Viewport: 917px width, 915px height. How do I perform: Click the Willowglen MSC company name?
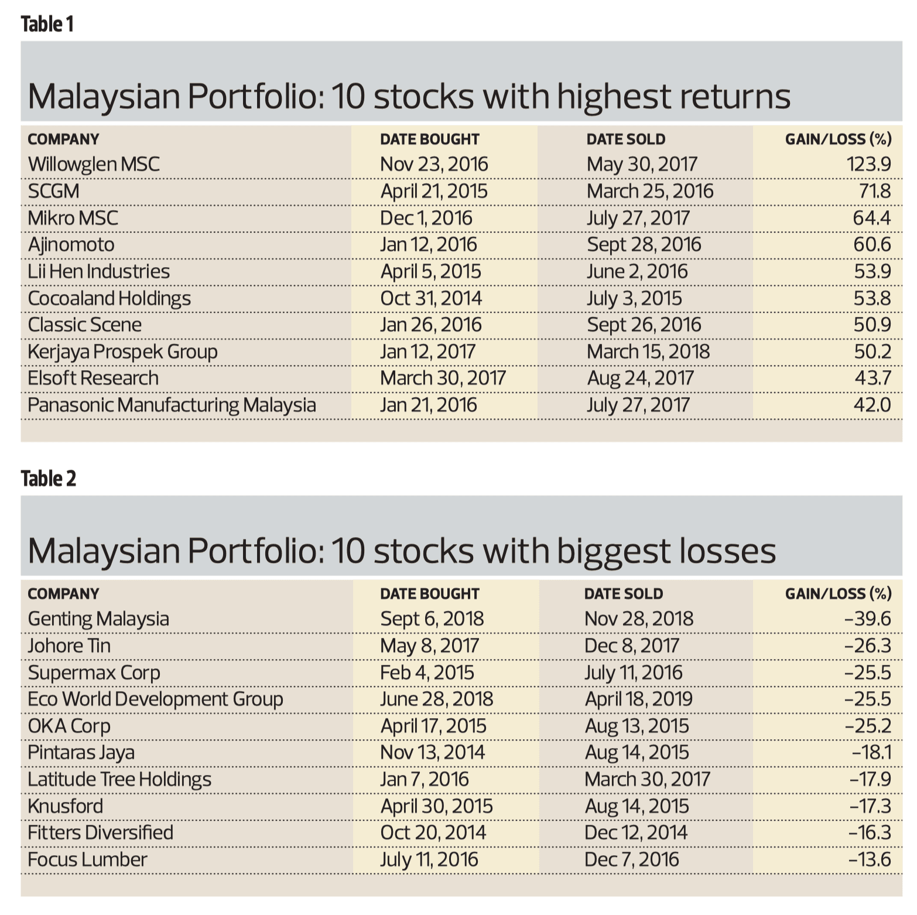tap(94, 164)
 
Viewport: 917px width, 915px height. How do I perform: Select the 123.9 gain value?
tap(868, 164)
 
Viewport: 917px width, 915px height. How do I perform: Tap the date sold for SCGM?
tap(650, 191)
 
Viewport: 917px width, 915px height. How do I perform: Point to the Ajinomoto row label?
tap(71, 244)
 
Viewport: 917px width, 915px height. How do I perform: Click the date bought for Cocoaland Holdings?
tap(431, 298)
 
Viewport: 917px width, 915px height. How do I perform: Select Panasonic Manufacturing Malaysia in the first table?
tap(172, 405)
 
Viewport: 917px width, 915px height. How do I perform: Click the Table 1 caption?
tap(47, 24)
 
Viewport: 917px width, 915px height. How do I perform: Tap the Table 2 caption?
tap(48, 479)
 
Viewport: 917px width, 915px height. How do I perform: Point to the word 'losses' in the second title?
tap(727, 551)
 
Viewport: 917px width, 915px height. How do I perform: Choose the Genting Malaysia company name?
tap(98, 619)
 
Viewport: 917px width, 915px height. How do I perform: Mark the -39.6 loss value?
tap(868, 619)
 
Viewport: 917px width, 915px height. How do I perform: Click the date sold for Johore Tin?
tap(632, 646)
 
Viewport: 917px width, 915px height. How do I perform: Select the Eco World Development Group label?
tap(155, 699)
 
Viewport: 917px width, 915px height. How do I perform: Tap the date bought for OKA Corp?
tap(433, 726)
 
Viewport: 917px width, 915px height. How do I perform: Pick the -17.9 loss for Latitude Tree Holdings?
tap(870, 779)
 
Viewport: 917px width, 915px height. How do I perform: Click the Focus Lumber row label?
tap(87, 859)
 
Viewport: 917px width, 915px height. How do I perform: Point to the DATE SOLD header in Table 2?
tap(624, 593)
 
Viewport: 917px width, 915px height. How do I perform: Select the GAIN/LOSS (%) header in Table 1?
tap(838, 139)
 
